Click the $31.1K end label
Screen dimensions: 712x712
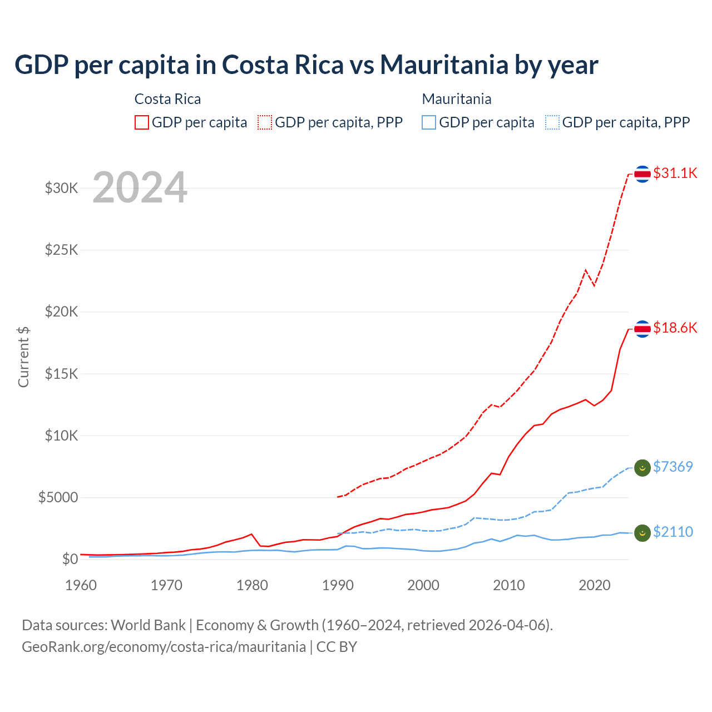click(675, 173)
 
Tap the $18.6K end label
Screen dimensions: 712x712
click(675, 328)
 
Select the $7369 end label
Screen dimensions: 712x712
click(673, 467)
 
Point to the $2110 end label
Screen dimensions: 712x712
click(673, 532)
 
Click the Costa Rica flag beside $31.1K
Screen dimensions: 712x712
click(642, 174)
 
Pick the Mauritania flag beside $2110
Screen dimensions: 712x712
click(642, 532)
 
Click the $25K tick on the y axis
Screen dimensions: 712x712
click(62, 250)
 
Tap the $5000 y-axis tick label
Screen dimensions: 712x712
click(58, 497)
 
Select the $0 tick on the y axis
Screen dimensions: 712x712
click(70, 559)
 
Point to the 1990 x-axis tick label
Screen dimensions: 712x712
click(338, 585)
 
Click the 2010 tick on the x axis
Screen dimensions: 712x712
click(509, 585)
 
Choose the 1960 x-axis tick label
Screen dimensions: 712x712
click(81, 585)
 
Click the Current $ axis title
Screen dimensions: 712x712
click(23, 357)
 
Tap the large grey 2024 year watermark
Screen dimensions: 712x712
click(140, 187)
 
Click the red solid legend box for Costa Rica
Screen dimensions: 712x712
click(142, 122)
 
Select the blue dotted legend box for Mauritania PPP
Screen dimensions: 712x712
click(552, 122)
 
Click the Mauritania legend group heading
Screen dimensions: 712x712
click(457, 99)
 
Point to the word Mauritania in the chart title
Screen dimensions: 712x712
click(444, 65)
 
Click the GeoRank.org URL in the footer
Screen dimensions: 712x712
click(164, 647)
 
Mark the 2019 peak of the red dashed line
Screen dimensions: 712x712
click(585, 270)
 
